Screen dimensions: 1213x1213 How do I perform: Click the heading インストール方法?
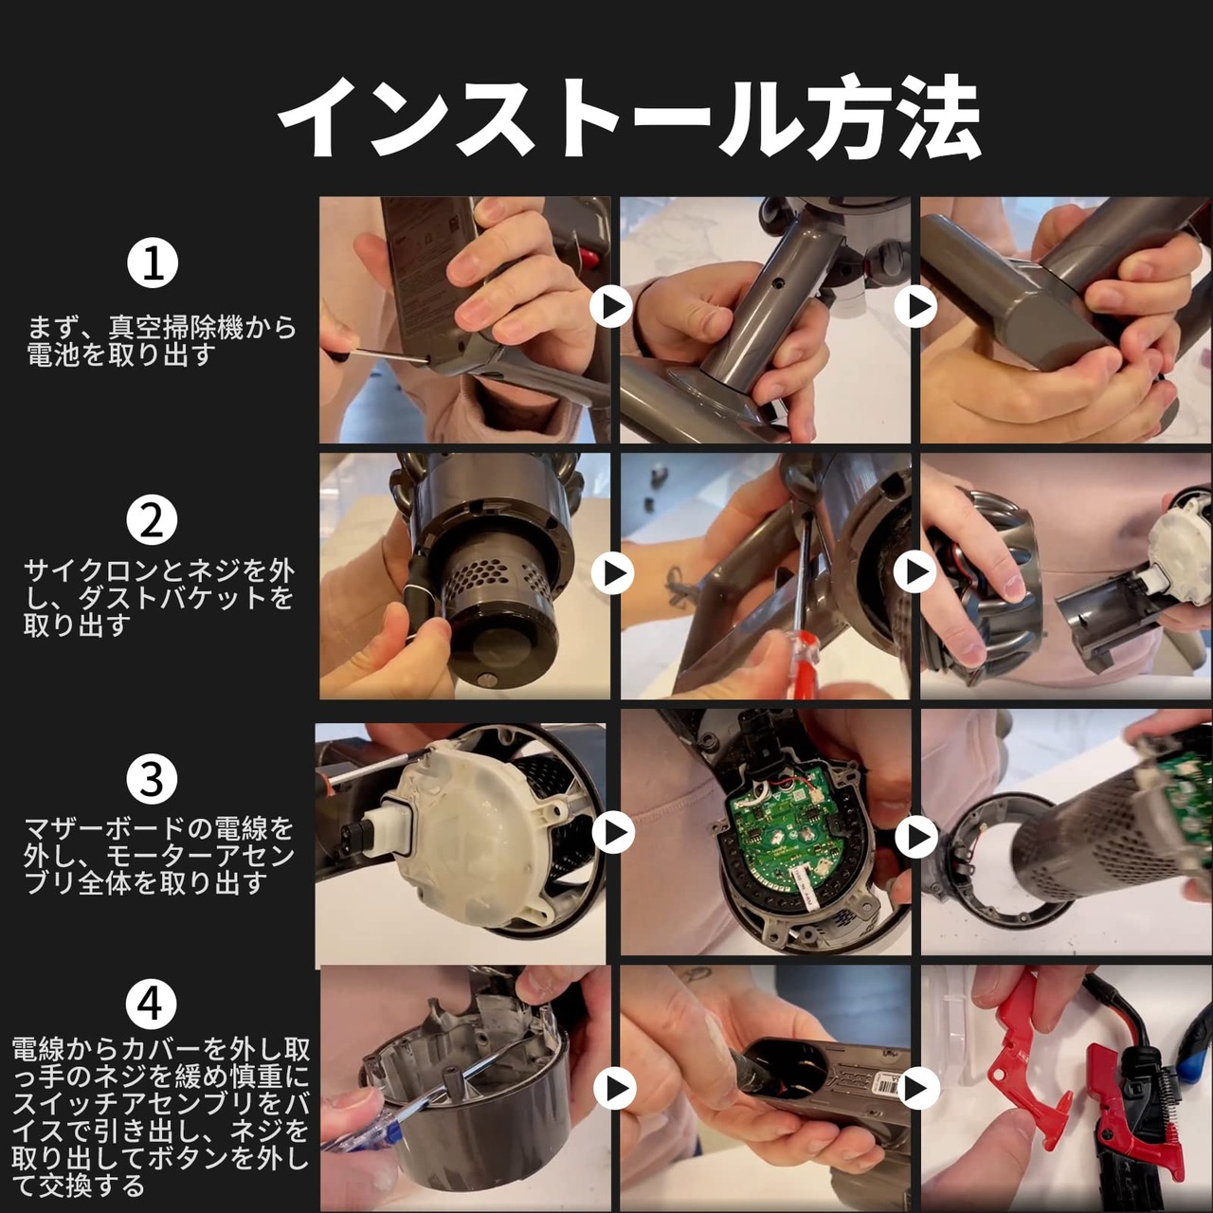[628, 118]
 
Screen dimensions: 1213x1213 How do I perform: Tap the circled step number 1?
[153, 263]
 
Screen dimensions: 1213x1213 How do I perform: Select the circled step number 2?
[152, 521]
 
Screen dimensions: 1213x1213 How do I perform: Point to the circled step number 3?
[152, 779]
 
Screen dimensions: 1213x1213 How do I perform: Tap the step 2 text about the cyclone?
[158, 599]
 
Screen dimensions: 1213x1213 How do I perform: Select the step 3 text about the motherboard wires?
[158, 856]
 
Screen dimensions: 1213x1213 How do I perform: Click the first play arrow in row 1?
[611, 306]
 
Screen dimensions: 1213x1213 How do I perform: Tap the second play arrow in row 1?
[915, 306]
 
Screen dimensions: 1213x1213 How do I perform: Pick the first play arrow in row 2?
[612, 572]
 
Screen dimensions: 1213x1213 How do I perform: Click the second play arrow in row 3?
[915, 837]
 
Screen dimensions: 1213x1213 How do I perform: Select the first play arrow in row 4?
[614, 1088]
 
